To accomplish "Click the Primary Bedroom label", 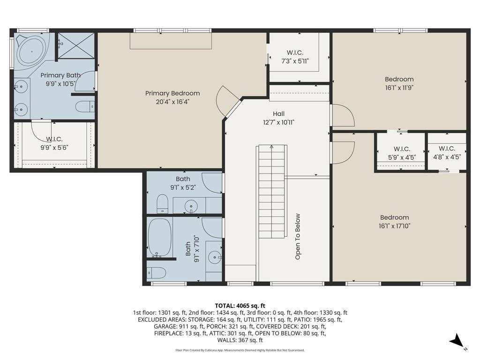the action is point(172,93).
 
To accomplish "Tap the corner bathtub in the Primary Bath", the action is point(31,52).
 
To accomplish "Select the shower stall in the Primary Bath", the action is point(76,45).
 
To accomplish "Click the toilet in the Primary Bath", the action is point(85,106).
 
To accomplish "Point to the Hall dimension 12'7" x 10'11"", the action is point(278,122).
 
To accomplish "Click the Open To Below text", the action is point(298,237).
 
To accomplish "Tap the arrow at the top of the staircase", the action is point(271,147).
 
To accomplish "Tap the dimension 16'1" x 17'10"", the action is point(395,226).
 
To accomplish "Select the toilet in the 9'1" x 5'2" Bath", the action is point(163,203).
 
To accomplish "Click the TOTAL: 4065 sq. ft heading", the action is point(240,306).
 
